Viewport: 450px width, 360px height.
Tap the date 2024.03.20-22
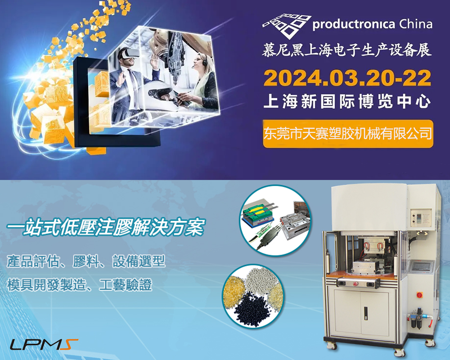tap(347, 78)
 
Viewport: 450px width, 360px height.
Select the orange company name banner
tap(348, 134)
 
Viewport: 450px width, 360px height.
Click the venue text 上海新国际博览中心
tap(347, 102)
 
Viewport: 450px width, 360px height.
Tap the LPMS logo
tap(44, 345)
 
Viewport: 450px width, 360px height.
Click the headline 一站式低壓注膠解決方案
tap(105, 227)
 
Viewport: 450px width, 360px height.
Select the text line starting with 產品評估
tap(86, 261)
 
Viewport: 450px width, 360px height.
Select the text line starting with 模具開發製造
tap(80, 285)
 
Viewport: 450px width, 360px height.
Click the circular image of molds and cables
tap(275, 220)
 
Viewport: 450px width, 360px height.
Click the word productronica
tap(354, 25)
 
